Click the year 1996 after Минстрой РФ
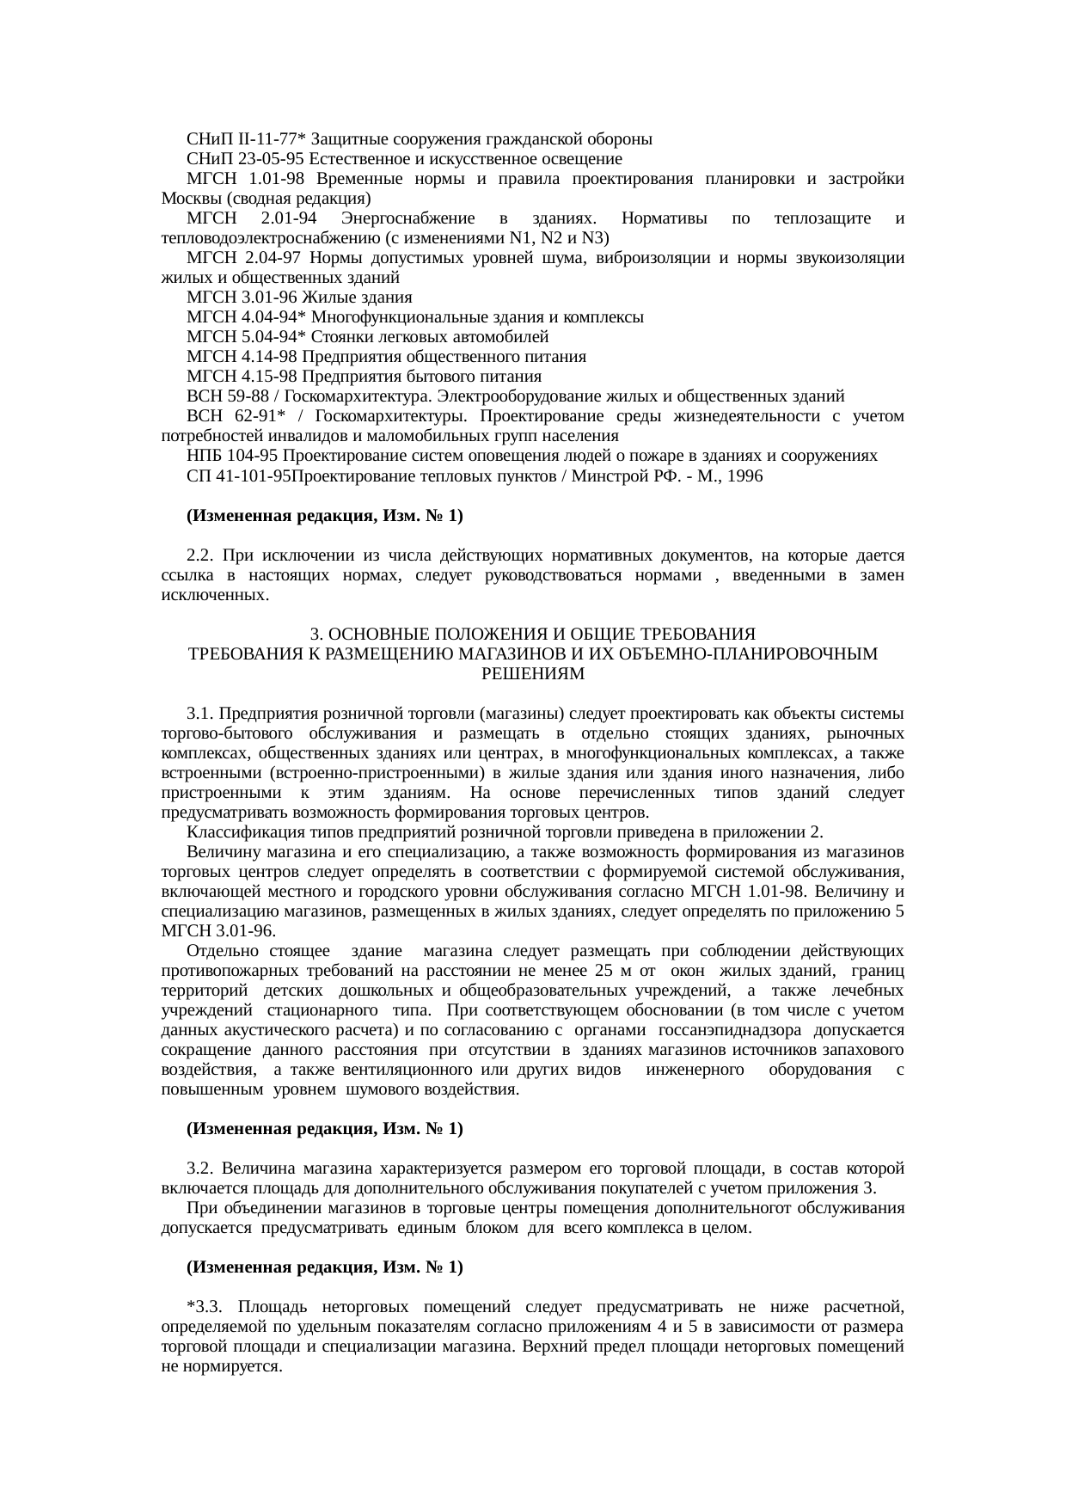pyautogui.click(x=744, y=475)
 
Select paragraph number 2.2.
pyautogui.click(x=199, y=555)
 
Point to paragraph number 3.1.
pyautogui.click(x=199, y=714)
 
